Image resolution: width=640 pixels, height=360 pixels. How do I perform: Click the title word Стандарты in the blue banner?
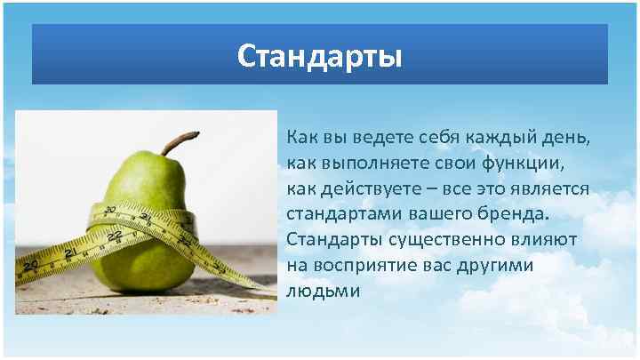point(320,57)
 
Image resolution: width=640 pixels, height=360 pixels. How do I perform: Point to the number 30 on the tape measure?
point(109,211)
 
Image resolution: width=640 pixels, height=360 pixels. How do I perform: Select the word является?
point(549,190)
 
